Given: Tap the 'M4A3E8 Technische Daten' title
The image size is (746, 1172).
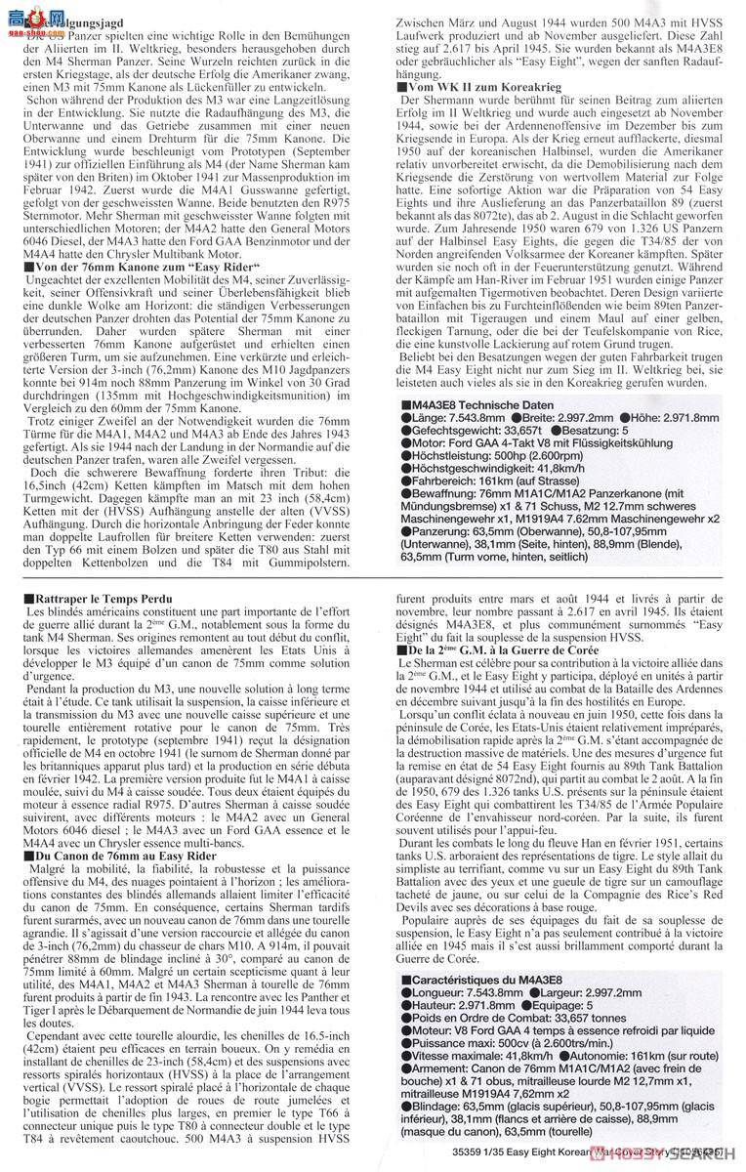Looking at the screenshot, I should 468,404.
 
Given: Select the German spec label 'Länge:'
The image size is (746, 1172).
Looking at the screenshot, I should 423,418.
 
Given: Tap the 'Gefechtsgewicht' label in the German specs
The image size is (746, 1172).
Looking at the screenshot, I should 448,432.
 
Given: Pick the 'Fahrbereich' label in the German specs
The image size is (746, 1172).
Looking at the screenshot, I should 435,482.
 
